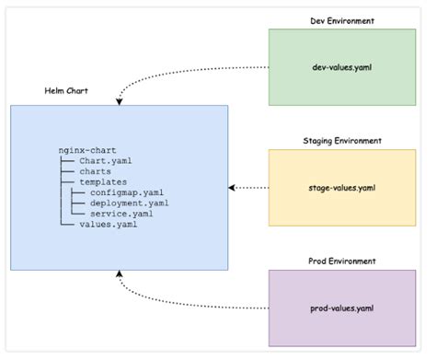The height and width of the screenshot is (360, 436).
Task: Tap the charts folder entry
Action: (96, 170)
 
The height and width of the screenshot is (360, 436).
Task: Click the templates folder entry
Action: (103, 181)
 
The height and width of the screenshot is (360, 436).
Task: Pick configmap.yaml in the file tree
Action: (128, 192)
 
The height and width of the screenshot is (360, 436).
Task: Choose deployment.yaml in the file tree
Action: (130, 203)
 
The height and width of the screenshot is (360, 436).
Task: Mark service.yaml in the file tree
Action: (121, 214)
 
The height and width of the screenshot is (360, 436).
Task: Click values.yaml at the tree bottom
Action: (108, 224)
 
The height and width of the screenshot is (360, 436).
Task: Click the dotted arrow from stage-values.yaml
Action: (248, 188)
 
